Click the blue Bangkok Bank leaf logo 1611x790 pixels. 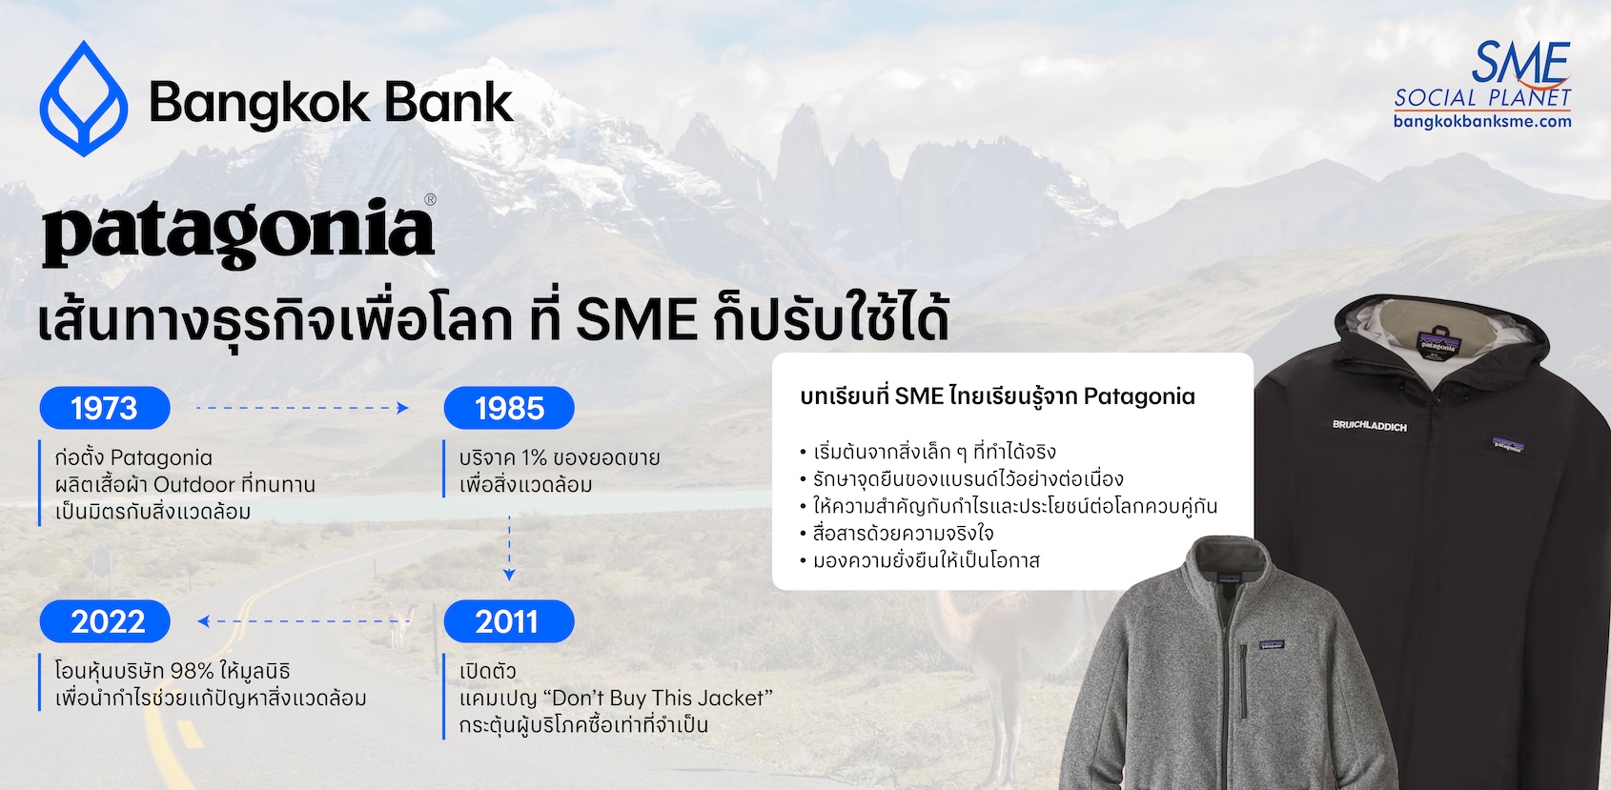[84, 98]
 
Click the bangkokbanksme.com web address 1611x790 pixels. [1482, 121]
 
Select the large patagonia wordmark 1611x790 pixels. [238, 233]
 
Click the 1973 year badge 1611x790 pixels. [105, 408]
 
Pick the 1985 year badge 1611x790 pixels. [509, 408]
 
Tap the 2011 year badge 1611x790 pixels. [509, 621]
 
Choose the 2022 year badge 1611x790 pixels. [105, 621]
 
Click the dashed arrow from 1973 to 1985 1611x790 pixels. [302, 408]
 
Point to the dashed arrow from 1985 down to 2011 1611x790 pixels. [509, 548]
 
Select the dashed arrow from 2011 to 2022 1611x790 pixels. [303, 621]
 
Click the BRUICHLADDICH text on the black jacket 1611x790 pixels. [1369, 426]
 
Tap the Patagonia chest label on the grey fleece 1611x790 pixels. [1272, 644]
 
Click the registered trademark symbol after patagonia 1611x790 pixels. [430, 199]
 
